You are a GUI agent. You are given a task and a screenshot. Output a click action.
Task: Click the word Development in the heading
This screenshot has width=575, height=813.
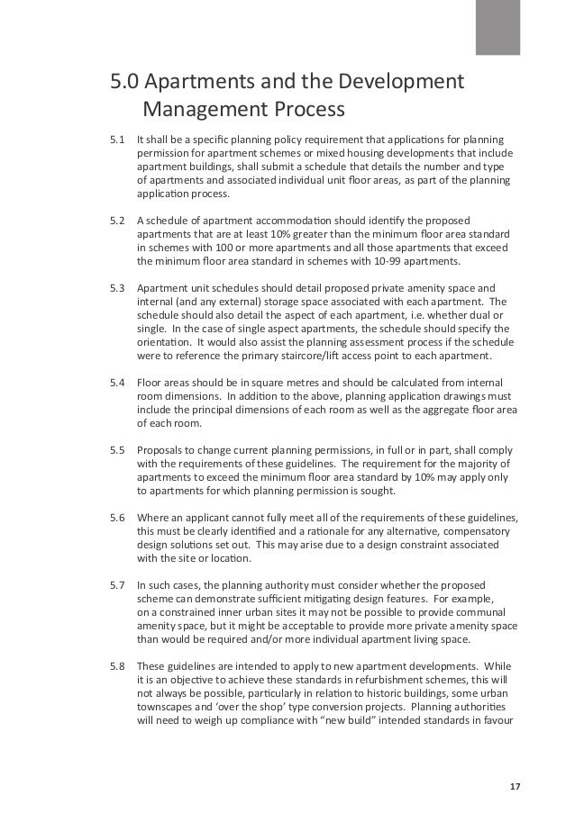tap(399, 84)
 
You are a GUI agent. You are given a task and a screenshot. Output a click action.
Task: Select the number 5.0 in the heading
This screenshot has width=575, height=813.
tap(124, 84)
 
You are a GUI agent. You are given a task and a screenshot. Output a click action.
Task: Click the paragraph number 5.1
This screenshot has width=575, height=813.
tap(116, 140)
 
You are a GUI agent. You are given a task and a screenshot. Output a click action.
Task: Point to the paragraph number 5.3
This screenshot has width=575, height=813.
tap(116, 289)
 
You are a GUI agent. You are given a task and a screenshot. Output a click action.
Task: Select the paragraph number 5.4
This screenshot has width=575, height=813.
tap(116, 383)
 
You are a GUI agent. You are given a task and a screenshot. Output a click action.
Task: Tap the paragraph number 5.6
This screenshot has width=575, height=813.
tap(116, 514)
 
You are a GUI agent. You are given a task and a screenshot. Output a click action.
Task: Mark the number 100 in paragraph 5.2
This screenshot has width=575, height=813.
tap(220, 248)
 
